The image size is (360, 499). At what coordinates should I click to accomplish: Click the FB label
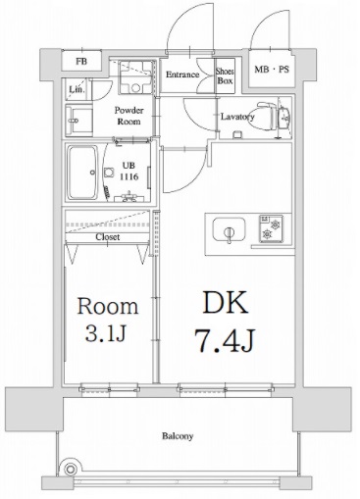[x=79, y=62]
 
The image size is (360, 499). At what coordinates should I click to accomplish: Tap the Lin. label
[x=77, y=91]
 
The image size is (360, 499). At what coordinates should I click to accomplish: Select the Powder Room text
[x=129, y=117]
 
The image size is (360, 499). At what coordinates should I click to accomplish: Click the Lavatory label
[x=238, y=117]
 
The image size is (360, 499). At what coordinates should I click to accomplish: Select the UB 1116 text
[x=129, y=172]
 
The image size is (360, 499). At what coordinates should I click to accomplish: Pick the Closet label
[x=108, y=237]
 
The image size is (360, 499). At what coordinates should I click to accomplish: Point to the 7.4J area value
[x=226, y=343]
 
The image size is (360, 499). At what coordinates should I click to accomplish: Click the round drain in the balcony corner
[x=67, y=469]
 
